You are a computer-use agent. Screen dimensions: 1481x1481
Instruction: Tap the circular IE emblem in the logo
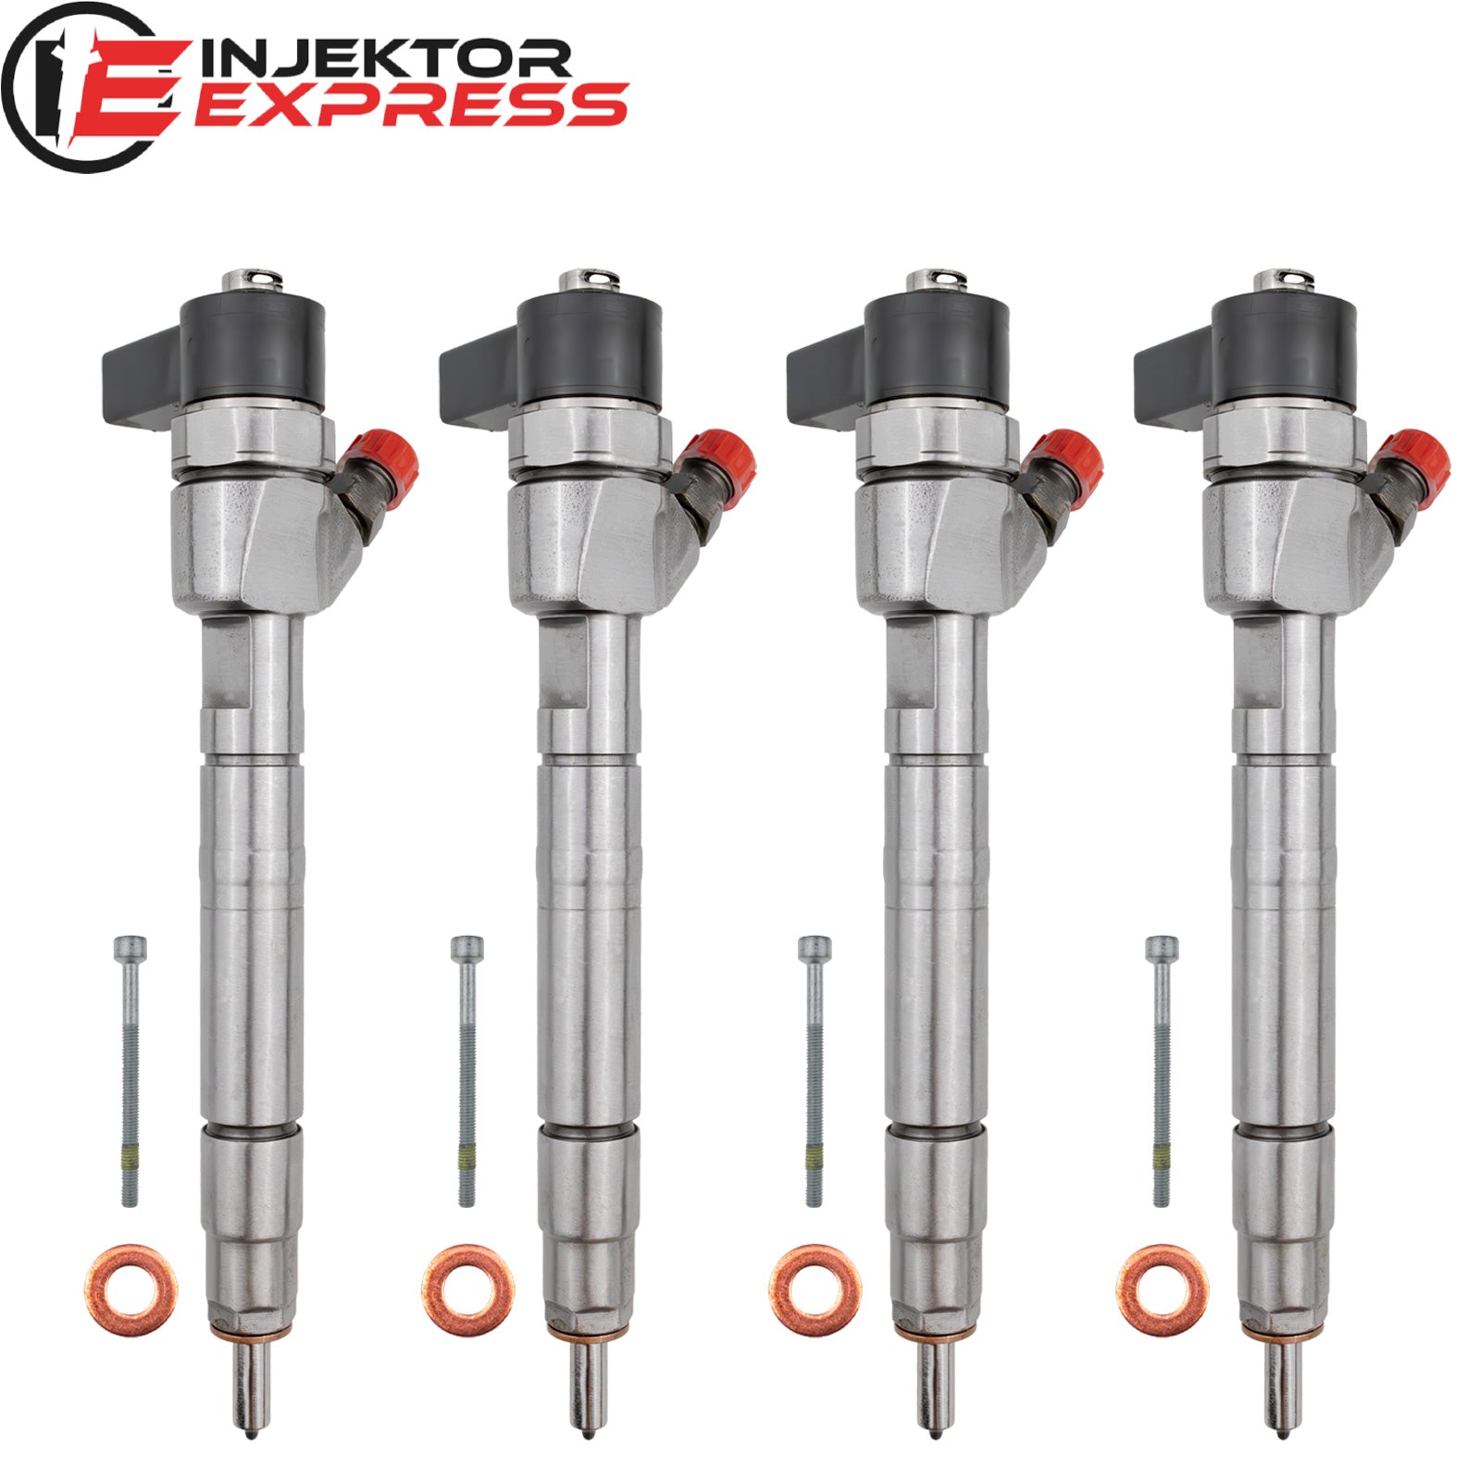87,87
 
